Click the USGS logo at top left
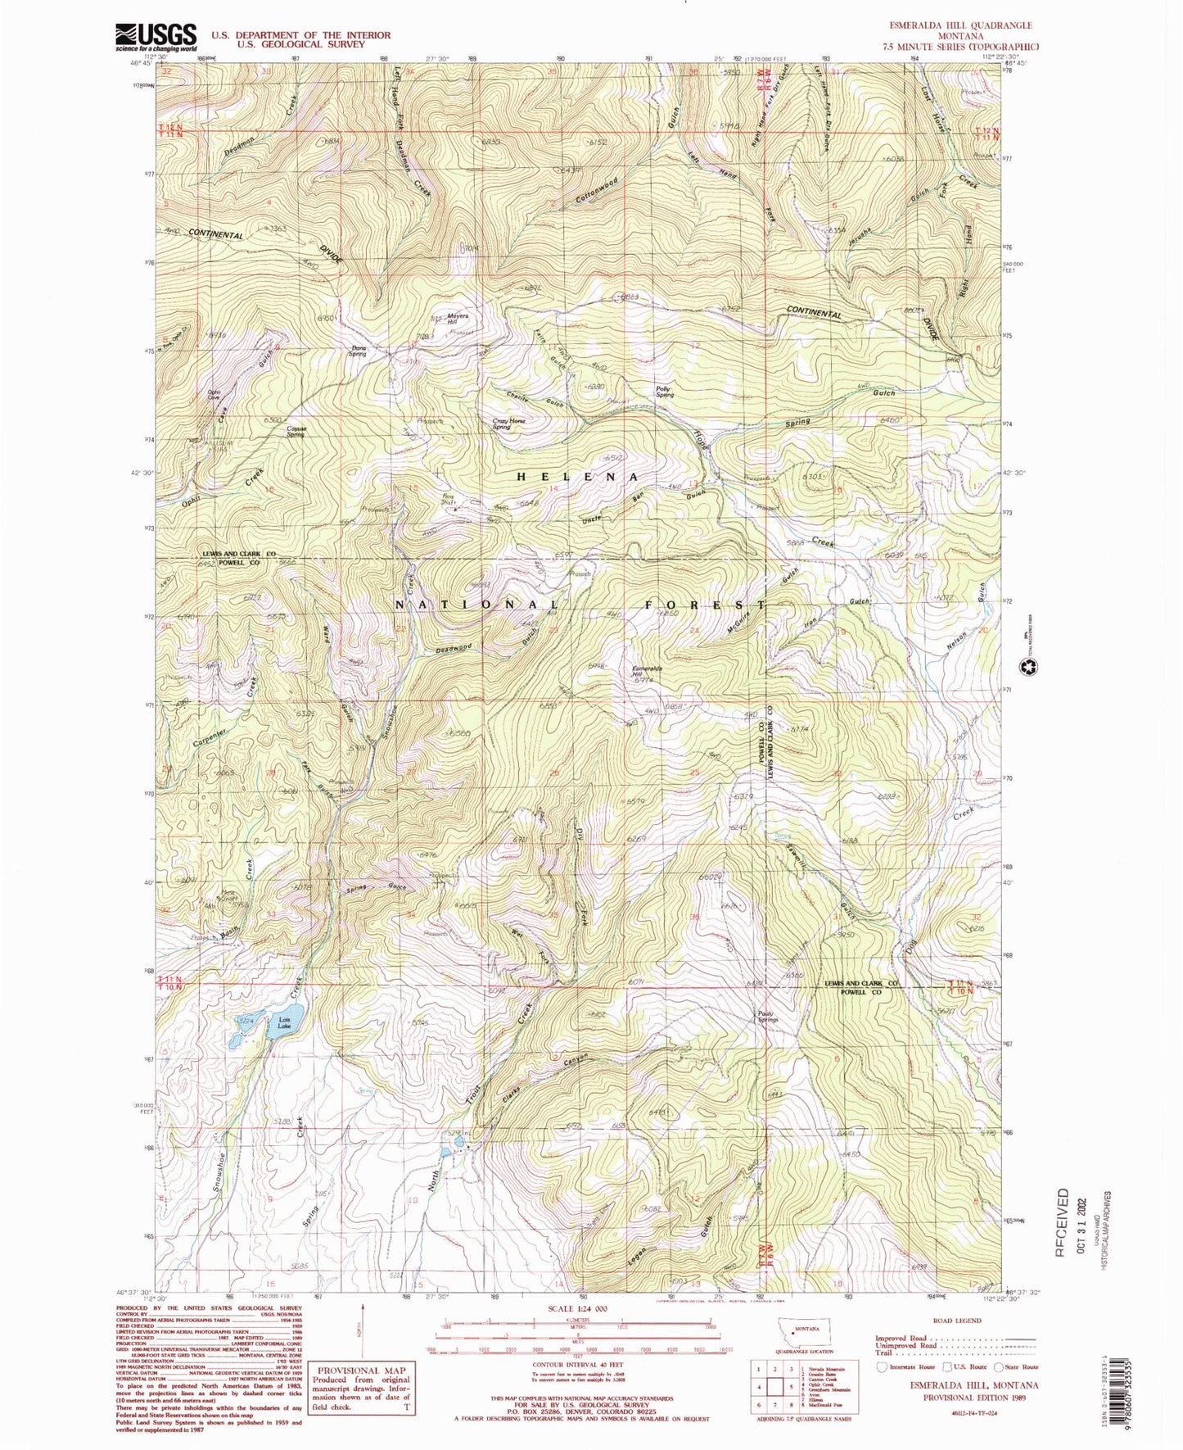pos(156,37)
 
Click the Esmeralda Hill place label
pos(647,673)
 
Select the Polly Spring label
pos(665,392)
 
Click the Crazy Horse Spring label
pos(508,424)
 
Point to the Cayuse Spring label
pos(295,432)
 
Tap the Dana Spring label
pos(359,351)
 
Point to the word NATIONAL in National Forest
pos(466,605)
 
